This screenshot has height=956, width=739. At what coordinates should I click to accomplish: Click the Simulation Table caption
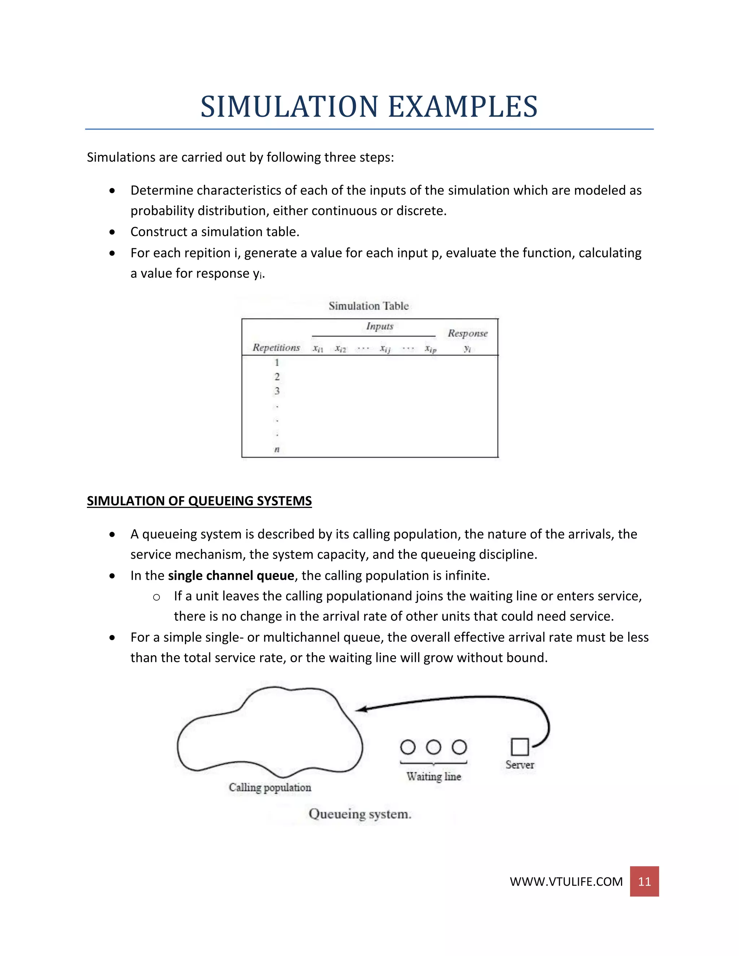pyautogui.click(x=369, y=306)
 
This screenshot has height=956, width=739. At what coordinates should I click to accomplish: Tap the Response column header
pyautogui.click(x=468, y=334)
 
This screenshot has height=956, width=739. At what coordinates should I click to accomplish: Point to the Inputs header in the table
pyautogui.click(x=380, y=326)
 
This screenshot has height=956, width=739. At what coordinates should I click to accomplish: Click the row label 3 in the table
pyautogui.click(x=277, y=391)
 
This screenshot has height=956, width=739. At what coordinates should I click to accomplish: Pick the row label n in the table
pyautogui.click(x=277, y=450)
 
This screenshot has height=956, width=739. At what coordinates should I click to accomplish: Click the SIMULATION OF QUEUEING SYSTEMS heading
pyautogui.click(x=199, y=501)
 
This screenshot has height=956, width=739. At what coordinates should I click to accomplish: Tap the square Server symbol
pyautogui.click(x=520, y=747)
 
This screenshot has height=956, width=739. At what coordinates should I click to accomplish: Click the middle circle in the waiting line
pyautogui.click(x=433, y=747)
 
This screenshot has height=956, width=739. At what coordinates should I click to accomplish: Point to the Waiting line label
pyautogui.click(x=433, y=777)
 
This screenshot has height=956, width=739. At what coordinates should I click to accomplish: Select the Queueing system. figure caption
pyautogui.click(x=360, y=814)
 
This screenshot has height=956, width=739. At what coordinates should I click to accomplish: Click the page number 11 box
pyautogui.click(x=644, y=881)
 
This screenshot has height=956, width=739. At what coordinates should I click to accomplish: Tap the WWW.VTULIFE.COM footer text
pyautogui.click(x=566, y=882)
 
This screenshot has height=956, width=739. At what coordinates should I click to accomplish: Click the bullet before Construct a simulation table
pyautogui.click(x=113, y=232)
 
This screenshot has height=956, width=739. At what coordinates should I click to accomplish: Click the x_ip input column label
pyautogui.click(x=430, y=349)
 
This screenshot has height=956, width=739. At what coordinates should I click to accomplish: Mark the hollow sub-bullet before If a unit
pyautogui.click(x=156, y=597)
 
